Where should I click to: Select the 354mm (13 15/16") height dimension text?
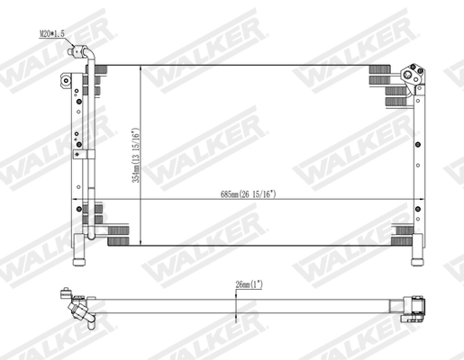[x=136, y=153]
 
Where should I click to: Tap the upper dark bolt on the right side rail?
[x=417, y=144]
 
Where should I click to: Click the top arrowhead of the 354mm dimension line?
[x=141, y=68]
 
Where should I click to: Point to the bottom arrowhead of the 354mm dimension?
[x=141, y=240]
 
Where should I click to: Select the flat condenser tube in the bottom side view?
[x=243, y=299]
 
